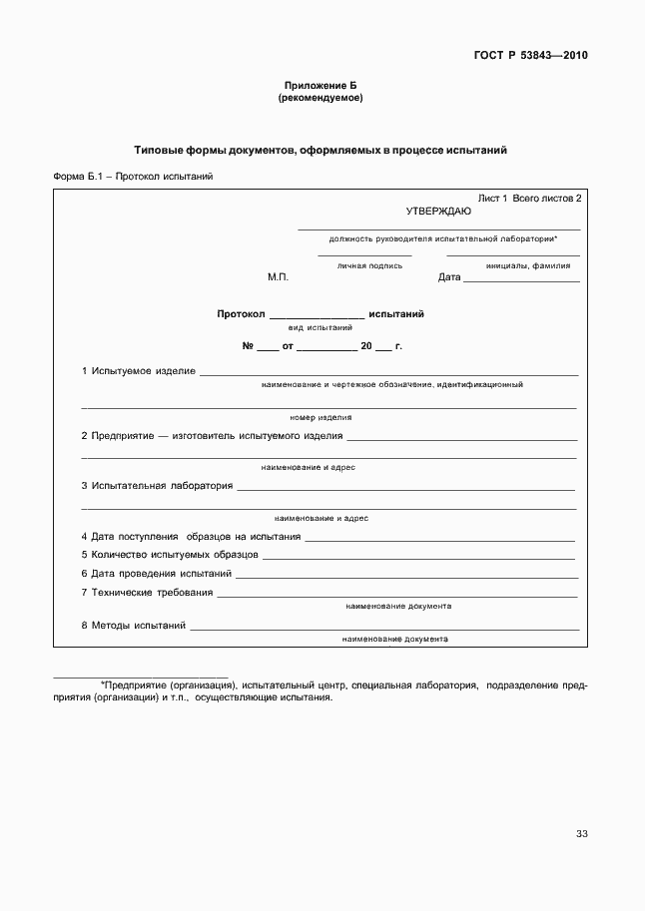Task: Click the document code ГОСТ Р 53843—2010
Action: pos(531,55)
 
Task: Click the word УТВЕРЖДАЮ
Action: pos(438,211)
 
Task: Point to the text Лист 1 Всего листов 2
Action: pos(529,199)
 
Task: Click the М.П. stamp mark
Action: pos(278,277)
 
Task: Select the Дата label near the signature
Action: pos(449,277)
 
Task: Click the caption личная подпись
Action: pos(369,265)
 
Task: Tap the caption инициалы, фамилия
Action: pos(528,265)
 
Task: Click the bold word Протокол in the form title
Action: pos(241,313)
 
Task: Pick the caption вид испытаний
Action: pos(320,327)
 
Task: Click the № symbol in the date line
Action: pos(249,346)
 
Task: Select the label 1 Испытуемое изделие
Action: pos(138,371)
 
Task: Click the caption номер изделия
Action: pos(321,417)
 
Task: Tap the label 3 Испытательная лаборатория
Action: pos(157,486)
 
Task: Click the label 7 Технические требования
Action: pos(147,593)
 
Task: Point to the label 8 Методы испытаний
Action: pos(134,626)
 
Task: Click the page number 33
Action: pos(581,834)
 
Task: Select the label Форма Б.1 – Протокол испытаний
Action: pos(133,177)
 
